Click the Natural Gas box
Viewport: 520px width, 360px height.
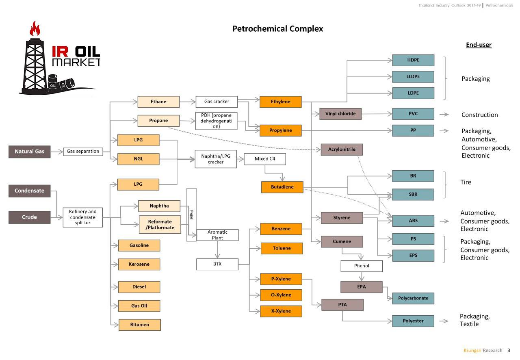[x=30, y=152]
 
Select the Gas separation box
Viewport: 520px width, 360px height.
[x=83, y=152]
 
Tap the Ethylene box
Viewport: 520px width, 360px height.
[x=280, y=102]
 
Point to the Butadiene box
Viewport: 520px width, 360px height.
[x=282, y=187]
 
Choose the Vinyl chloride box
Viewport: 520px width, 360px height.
[x=340, y=114]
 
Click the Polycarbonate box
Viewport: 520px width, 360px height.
[x=413, y=298]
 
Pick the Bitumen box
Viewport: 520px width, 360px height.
[x=139, y=325]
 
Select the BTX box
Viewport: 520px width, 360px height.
[x=217, y=264]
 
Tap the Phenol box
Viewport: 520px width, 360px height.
[x=361, y=266]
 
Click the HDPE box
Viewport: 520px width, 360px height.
[x=413, y=60]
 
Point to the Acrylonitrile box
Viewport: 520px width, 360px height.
[x=341, y=150]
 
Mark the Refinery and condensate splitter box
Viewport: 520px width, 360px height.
[x=83, y=217]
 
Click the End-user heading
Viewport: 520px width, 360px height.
[x=479, y=45]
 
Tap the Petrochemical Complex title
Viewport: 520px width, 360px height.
[x=277, y=29]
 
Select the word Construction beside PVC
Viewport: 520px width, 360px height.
[x=479, y=115]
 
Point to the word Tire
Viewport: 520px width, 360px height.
[x=466, y=182]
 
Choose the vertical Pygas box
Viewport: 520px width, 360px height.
[x=191, y=215]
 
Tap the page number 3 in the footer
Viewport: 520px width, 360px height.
[x=508, y=350]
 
